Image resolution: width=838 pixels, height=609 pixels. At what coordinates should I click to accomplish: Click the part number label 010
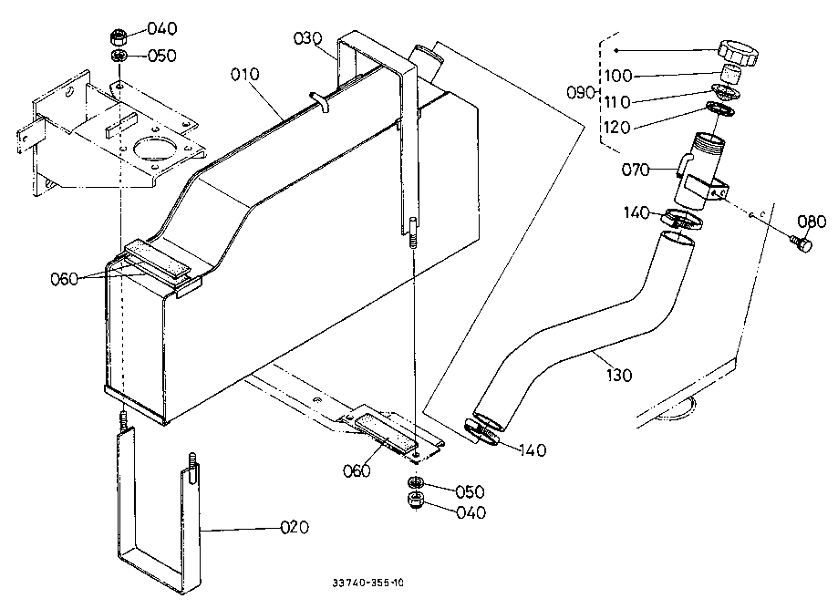[244, 74]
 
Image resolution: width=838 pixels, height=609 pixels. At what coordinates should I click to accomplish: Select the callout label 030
[308, 38]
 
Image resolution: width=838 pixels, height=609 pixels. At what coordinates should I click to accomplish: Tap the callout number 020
[295, 527]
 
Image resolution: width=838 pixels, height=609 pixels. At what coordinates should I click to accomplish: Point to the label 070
[636, 170]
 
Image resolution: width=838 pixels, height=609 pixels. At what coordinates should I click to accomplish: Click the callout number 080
[812, 222]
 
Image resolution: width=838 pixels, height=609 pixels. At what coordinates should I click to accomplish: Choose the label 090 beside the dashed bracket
[581, 92]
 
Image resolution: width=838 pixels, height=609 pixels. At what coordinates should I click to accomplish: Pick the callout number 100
[618, 76]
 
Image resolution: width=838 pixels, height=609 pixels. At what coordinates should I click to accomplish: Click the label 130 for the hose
[619, 375]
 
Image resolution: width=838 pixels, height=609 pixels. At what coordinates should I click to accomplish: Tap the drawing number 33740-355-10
[367, 583]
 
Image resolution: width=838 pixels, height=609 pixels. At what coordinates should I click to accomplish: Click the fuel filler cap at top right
[738, 52]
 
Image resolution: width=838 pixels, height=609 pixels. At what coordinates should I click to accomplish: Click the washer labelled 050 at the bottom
[415, 483]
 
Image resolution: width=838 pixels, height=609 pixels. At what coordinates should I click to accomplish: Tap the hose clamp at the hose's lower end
[482, 430]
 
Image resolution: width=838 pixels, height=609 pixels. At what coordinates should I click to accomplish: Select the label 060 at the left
[64, 279]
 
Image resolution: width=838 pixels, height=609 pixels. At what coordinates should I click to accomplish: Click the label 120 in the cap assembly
[617, 127]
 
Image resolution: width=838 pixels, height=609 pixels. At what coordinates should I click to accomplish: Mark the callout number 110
[617, 101]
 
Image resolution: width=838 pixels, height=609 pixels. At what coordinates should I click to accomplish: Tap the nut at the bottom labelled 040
[415, 501]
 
